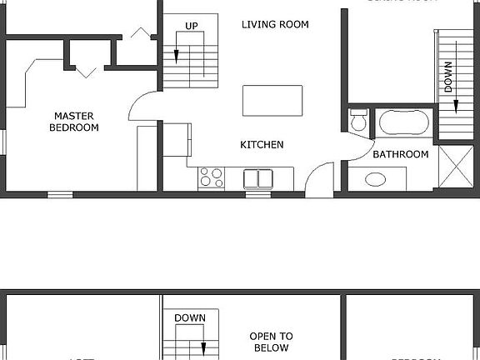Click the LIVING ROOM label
[x=275, y=24]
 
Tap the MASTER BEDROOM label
[x=74, y=122]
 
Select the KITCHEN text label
[x=262, y=144]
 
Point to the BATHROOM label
[x=400, y=154]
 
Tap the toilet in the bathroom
[x=359, y=122]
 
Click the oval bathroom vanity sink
[x=376, y=179]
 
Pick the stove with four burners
[x=212, y=177]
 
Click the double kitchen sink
[x=257, y=178]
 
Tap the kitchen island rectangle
[x=272, y=100]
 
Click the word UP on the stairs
[x=192, y=26]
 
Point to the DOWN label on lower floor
[x=190, y=317]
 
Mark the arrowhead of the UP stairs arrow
[x=177, y=57]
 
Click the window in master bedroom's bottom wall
[x=59, y=194]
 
